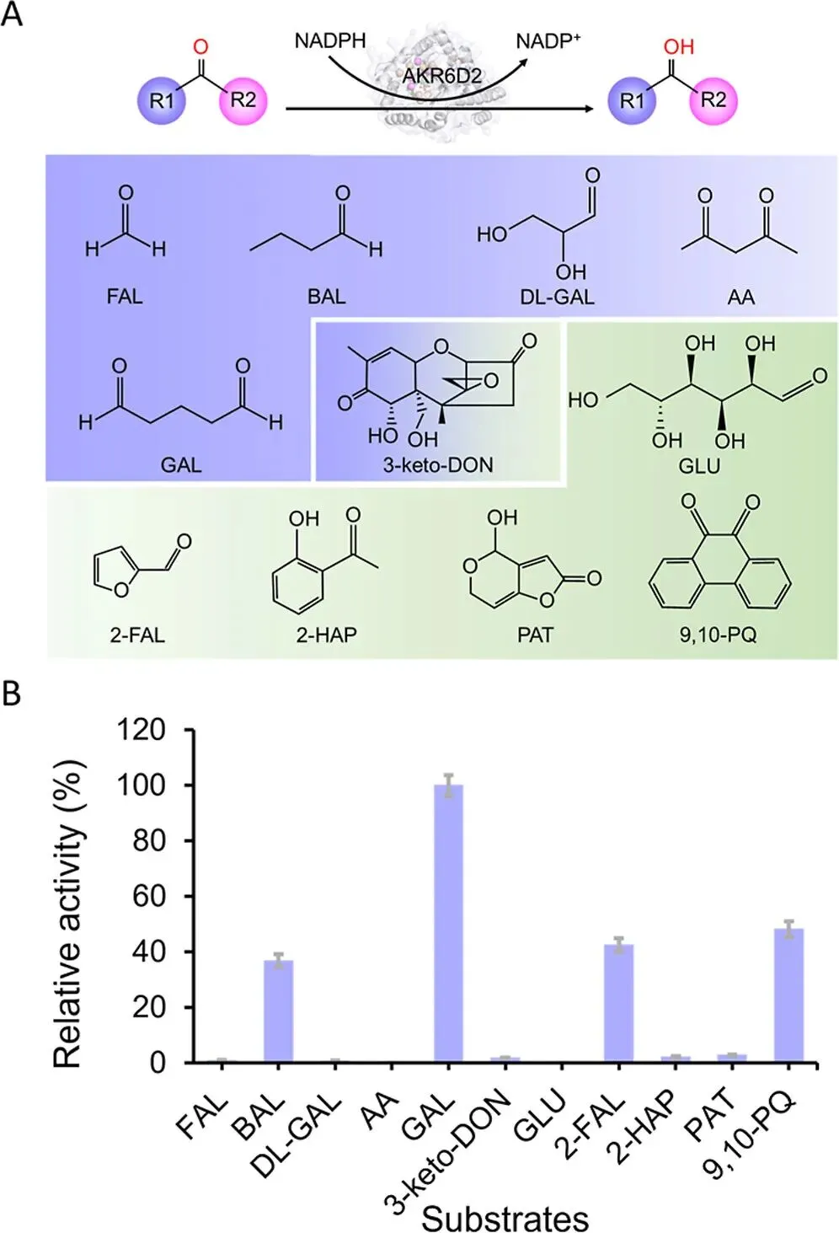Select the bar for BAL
(278, 1011)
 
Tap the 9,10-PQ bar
(788, 994)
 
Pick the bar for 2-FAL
(618, 1003)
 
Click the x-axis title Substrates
(505, 1217)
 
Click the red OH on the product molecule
(678, 46)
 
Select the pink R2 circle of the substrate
(243, 100)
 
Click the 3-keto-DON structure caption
(438, 464)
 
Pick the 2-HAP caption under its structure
(326, 634)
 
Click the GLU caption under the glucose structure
(699, 464)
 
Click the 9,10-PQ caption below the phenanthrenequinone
(718, 634)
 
